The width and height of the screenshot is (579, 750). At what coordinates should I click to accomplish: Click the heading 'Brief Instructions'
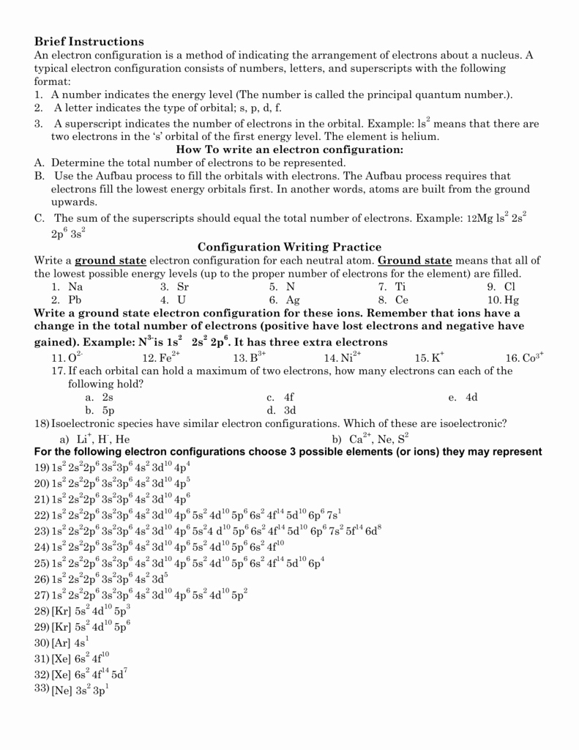point(89,42)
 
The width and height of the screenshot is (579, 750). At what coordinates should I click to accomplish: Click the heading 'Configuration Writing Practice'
point(290,247)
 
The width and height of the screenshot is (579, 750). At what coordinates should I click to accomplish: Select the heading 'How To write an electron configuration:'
point(290,149)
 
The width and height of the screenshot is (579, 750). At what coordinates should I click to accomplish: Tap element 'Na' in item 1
point(75,287)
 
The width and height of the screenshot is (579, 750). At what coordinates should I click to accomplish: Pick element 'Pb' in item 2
point(75,300)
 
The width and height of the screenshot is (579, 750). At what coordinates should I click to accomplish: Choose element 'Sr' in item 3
point(183,287)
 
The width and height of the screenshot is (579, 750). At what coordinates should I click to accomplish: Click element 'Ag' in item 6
point(294,300)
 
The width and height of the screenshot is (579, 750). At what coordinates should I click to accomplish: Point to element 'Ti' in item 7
point(400,287)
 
